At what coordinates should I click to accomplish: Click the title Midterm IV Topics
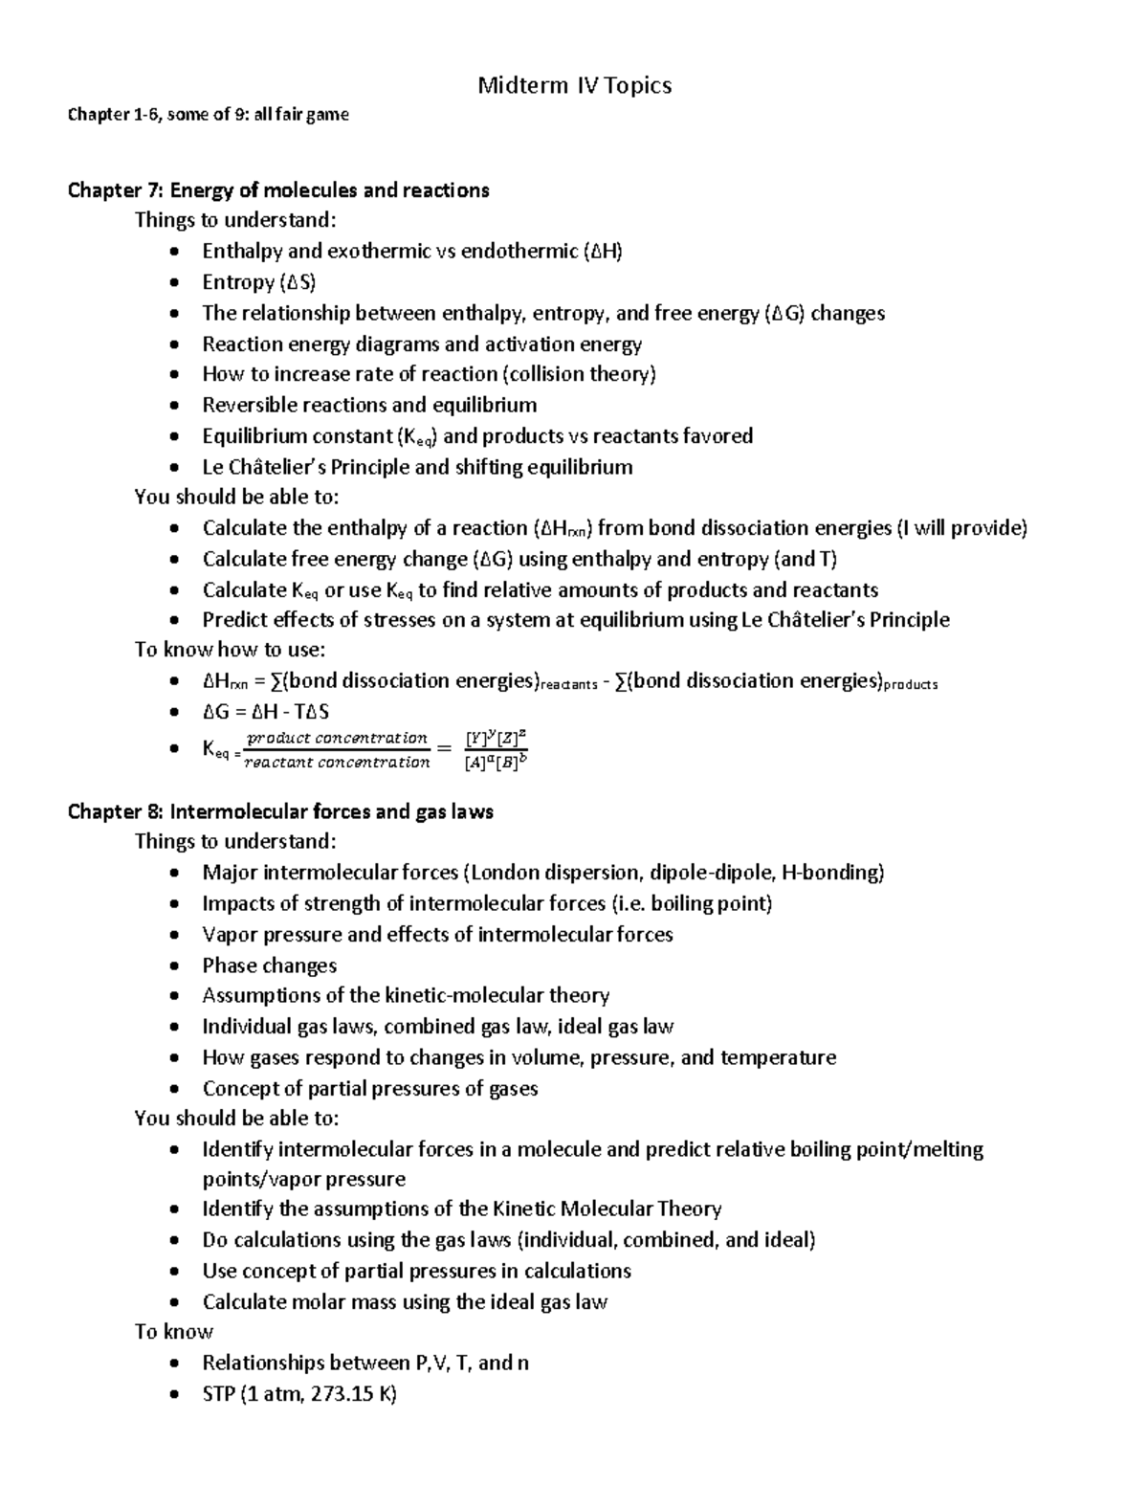[x=574, y=86]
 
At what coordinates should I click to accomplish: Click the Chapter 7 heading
[x=277, y=190]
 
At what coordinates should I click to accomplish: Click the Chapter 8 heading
[x=279, y=812]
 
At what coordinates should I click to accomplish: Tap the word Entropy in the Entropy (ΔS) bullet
[x=238, y=282]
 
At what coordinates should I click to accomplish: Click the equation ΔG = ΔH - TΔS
[x=266, y=712]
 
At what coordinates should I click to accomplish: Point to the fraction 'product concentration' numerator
[x=337, y=738]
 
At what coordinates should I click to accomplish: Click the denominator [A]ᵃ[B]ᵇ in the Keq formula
[x=496, y=763]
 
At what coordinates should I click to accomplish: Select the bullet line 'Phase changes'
[x=269, y=965]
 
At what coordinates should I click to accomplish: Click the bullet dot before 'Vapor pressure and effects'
[x=172, y=936]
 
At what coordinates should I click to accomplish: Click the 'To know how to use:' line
[x=230, y=651]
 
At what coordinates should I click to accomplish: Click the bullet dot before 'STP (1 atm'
[x=172, y=1395]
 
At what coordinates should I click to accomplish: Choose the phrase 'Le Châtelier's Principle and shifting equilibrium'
[x=417, y=468]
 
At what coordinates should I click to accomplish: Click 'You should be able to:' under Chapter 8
[x=236, y=1119]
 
